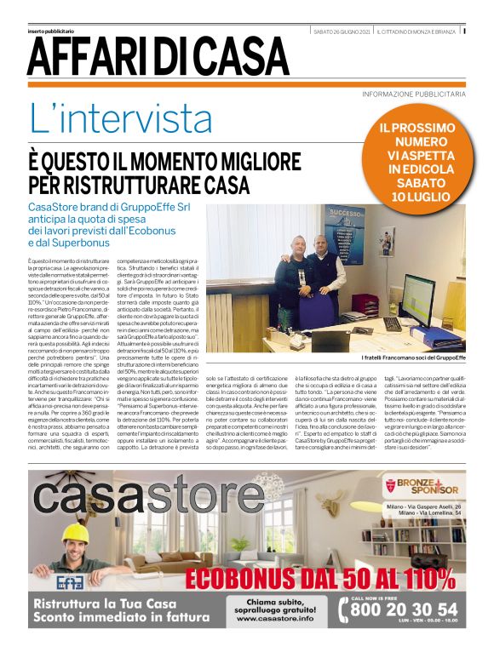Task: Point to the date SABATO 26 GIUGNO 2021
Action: coord(342,31)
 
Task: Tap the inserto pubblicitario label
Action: coord(54,31)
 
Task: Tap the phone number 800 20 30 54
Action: coord(410,609)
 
